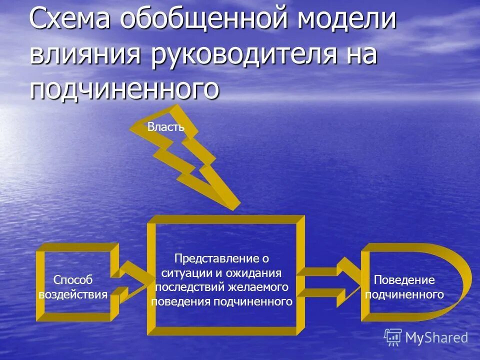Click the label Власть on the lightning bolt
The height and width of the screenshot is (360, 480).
166,127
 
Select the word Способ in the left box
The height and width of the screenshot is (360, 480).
73,280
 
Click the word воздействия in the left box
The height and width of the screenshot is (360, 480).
73,294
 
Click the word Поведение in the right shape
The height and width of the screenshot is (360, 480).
404,280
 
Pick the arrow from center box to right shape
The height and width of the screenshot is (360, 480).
330,282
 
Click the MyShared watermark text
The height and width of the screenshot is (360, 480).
436,338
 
